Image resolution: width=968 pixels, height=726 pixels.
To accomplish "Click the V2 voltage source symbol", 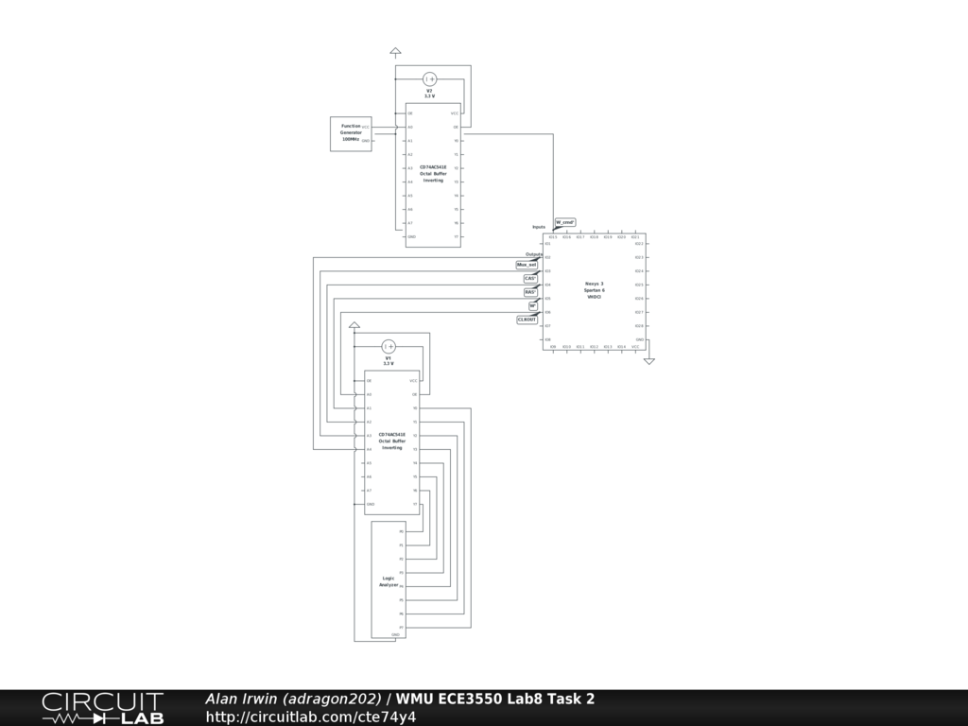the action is [x=429, y=79].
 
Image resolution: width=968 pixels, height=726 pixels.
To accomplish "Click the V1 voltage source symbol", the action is [x=389, y=347].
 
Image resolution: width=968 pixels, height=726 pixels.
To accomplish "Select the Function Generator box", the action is [x=351, y=133].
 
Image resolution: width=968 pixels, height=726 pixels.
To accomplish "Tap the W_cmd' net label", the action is [x=564, y=222].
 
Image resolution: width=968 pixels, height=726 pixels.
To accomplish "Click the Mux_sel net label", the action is [x=527, y=265].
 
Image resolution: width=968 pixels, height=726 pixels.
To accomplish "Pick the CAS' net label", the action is [x=530, y=279].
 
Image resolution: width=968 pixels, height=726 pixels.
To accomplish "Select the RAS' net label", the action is [x=530, y=292].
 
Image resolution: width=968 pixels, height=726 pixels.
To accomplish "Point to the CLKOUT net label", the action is [x=527, y=320].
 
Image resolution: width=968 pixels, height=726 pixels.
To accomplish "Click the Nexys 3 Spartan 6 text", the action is [x=594, y=290].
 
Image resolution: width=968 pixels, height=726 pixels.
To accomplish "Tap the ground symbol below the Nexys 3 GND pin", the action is [x=648, y=361].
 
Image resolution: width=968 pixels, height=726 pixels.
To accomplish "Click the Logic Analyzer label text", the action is [x=389, y=581].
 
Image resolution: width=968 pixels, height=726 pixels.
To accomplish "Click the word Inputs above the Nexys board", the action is [x=538, y=227].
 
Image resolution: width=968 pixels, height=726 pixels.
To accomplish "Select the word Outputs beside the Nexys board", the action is [x=534, y=254].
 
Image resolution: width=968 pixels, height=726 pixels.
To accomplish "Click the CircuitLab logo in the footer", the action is [x=102, y=708].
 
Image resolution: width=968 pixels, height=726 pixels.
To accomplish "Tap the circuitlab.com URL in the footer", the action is [x=311, y=717].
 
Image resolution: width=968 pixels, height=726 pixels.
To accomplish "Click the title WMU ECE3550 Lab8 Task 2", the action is [x=495, y=699].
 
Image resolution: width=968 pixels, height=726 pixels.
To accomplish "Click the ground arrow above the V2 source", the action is [x=395, y=52].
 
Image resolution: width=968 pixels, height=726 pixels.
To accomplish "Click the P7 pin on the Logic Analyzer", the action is [x=401, y=627].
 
